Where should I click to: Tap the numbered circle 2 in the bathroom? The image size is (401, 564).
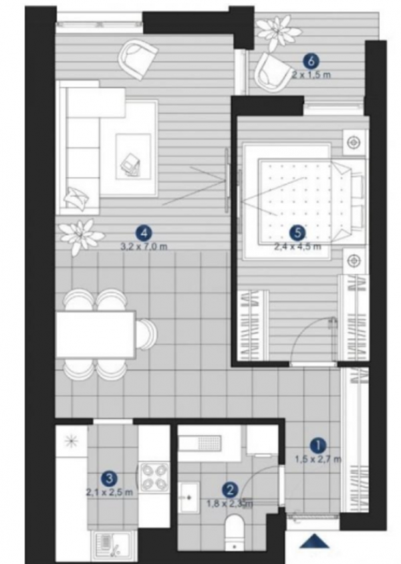[x=230, y=489]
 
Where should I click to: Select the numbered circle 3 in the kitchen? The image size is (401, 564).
[x=109, y=478]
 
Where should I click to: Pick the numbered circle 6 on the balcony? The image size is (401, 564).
[x=309, y=60]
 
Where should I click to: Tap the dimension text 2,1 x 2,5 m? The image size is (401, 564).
[x=109, y=492]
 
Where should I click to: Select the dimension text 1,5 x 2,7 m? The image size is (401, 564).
[x=318, y=458]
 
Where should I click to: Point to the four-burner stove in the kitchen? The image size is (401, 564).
[x=153, y=477]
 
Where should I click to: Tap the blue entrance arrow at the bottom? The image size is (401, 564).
[x=314, y=543]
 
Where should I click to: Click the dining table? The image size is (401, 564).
[x=95, y=333]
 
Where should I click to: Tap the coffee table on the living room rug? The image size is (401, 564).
[x=133, y=155]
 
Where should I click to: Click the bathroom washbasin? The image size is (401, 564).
[x=190, y=499]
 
